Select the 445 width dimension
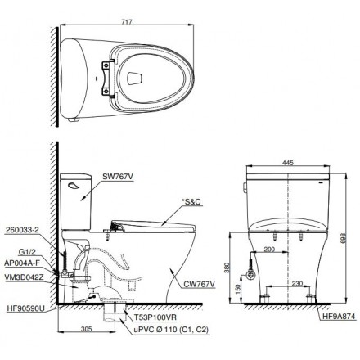coord(287,162)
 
